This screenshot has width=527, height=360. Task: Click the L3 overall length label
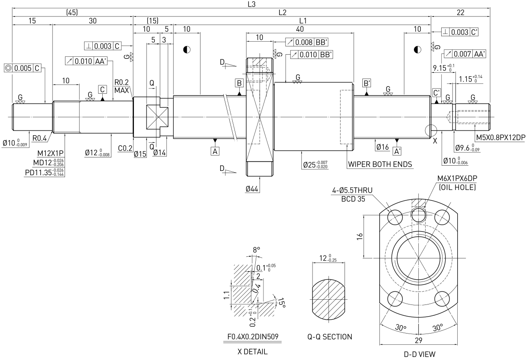251,4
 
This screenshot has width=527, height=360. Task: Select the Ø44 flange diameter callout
252,189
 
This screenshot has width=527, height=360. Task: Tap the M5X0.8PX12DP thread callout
501,137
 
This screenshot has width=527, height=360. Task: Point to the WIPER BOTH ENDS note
380,164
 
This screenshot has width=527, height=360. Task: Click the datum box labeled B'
367,83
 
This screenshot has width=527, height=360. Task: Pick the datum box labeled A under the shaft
215,151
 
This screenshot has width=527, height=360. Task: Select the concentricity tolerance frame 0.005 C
23,68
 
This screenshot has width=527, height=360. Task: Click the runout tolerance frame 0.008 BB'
307,42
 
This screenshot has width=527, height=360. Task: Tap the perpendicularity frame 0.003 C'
460,32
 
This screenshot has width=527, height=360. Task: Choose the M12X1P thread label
50,154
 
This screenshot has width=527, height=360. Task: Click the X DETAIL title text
252,351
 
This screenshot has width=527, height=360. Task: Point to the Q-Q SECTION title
330,337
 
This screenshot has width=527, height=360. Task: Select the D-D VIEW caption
420,354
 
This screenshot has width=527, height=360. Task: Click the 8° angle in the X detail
256,249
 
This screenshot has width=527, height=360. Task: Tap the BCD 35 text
353,199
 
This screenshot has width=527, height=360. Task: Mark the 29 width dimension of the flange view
419,340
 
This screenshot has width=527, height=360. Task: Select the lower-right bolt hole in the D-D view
442,299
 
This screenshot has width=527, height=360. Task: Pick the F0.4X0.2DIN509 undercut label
253,337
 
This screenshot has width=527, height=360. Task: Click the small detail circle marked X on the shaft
431,130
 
